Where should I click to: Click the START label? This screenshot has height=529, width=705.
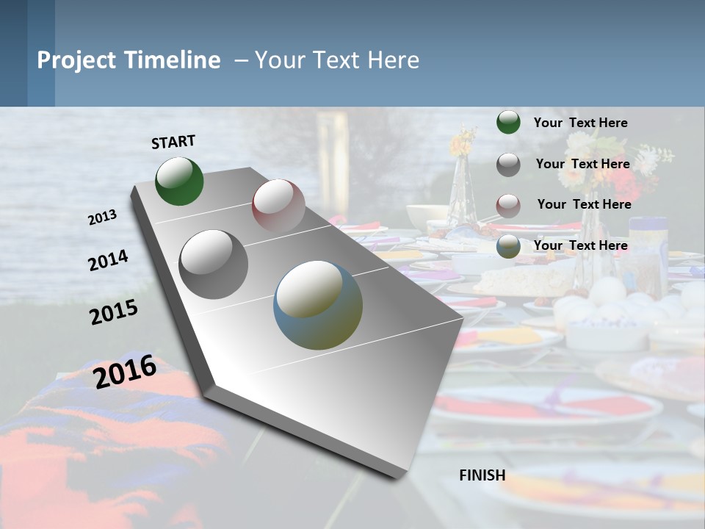coord(173,142)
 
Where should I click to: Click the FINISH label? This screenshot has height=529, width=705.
coord(482,475)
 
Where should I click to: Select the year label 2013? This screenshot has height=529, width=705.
coord(103,217)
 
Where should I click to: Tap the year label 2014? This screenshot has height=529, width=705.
coord(108,260)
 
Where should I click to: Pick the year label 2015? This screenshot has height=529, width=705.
coord(114,312)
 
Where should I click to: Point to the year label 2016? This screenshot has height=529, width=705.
coord(125,370)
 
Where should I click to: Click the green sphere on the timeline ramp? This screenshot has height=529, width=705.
coord(179,181)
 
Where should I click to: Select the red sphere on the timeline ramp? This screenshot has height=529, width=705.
coord(278,205)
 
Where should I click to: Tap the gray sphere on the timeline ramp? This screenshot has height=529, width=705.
coord(214,264)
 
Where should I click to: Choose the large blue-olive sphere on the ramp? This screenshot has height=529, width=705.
coord(318,305)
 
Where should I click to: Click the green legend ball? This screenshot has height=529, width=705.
coord(508,122)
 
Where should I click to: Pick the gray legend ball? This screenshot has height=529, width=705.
coord(508,165)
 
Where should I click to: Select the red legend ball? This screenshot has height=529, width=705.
coord(508,205)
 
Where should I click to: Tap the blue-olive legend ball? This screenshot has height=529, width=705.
coord(508,246)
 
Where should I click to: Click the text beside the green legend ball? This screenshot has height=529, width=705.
coord(580,123)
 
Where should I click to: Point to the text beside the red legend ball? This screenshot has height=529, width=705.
coord(584,204)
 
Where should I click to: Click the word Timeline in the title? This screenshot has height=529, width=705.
coord(173,60)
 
